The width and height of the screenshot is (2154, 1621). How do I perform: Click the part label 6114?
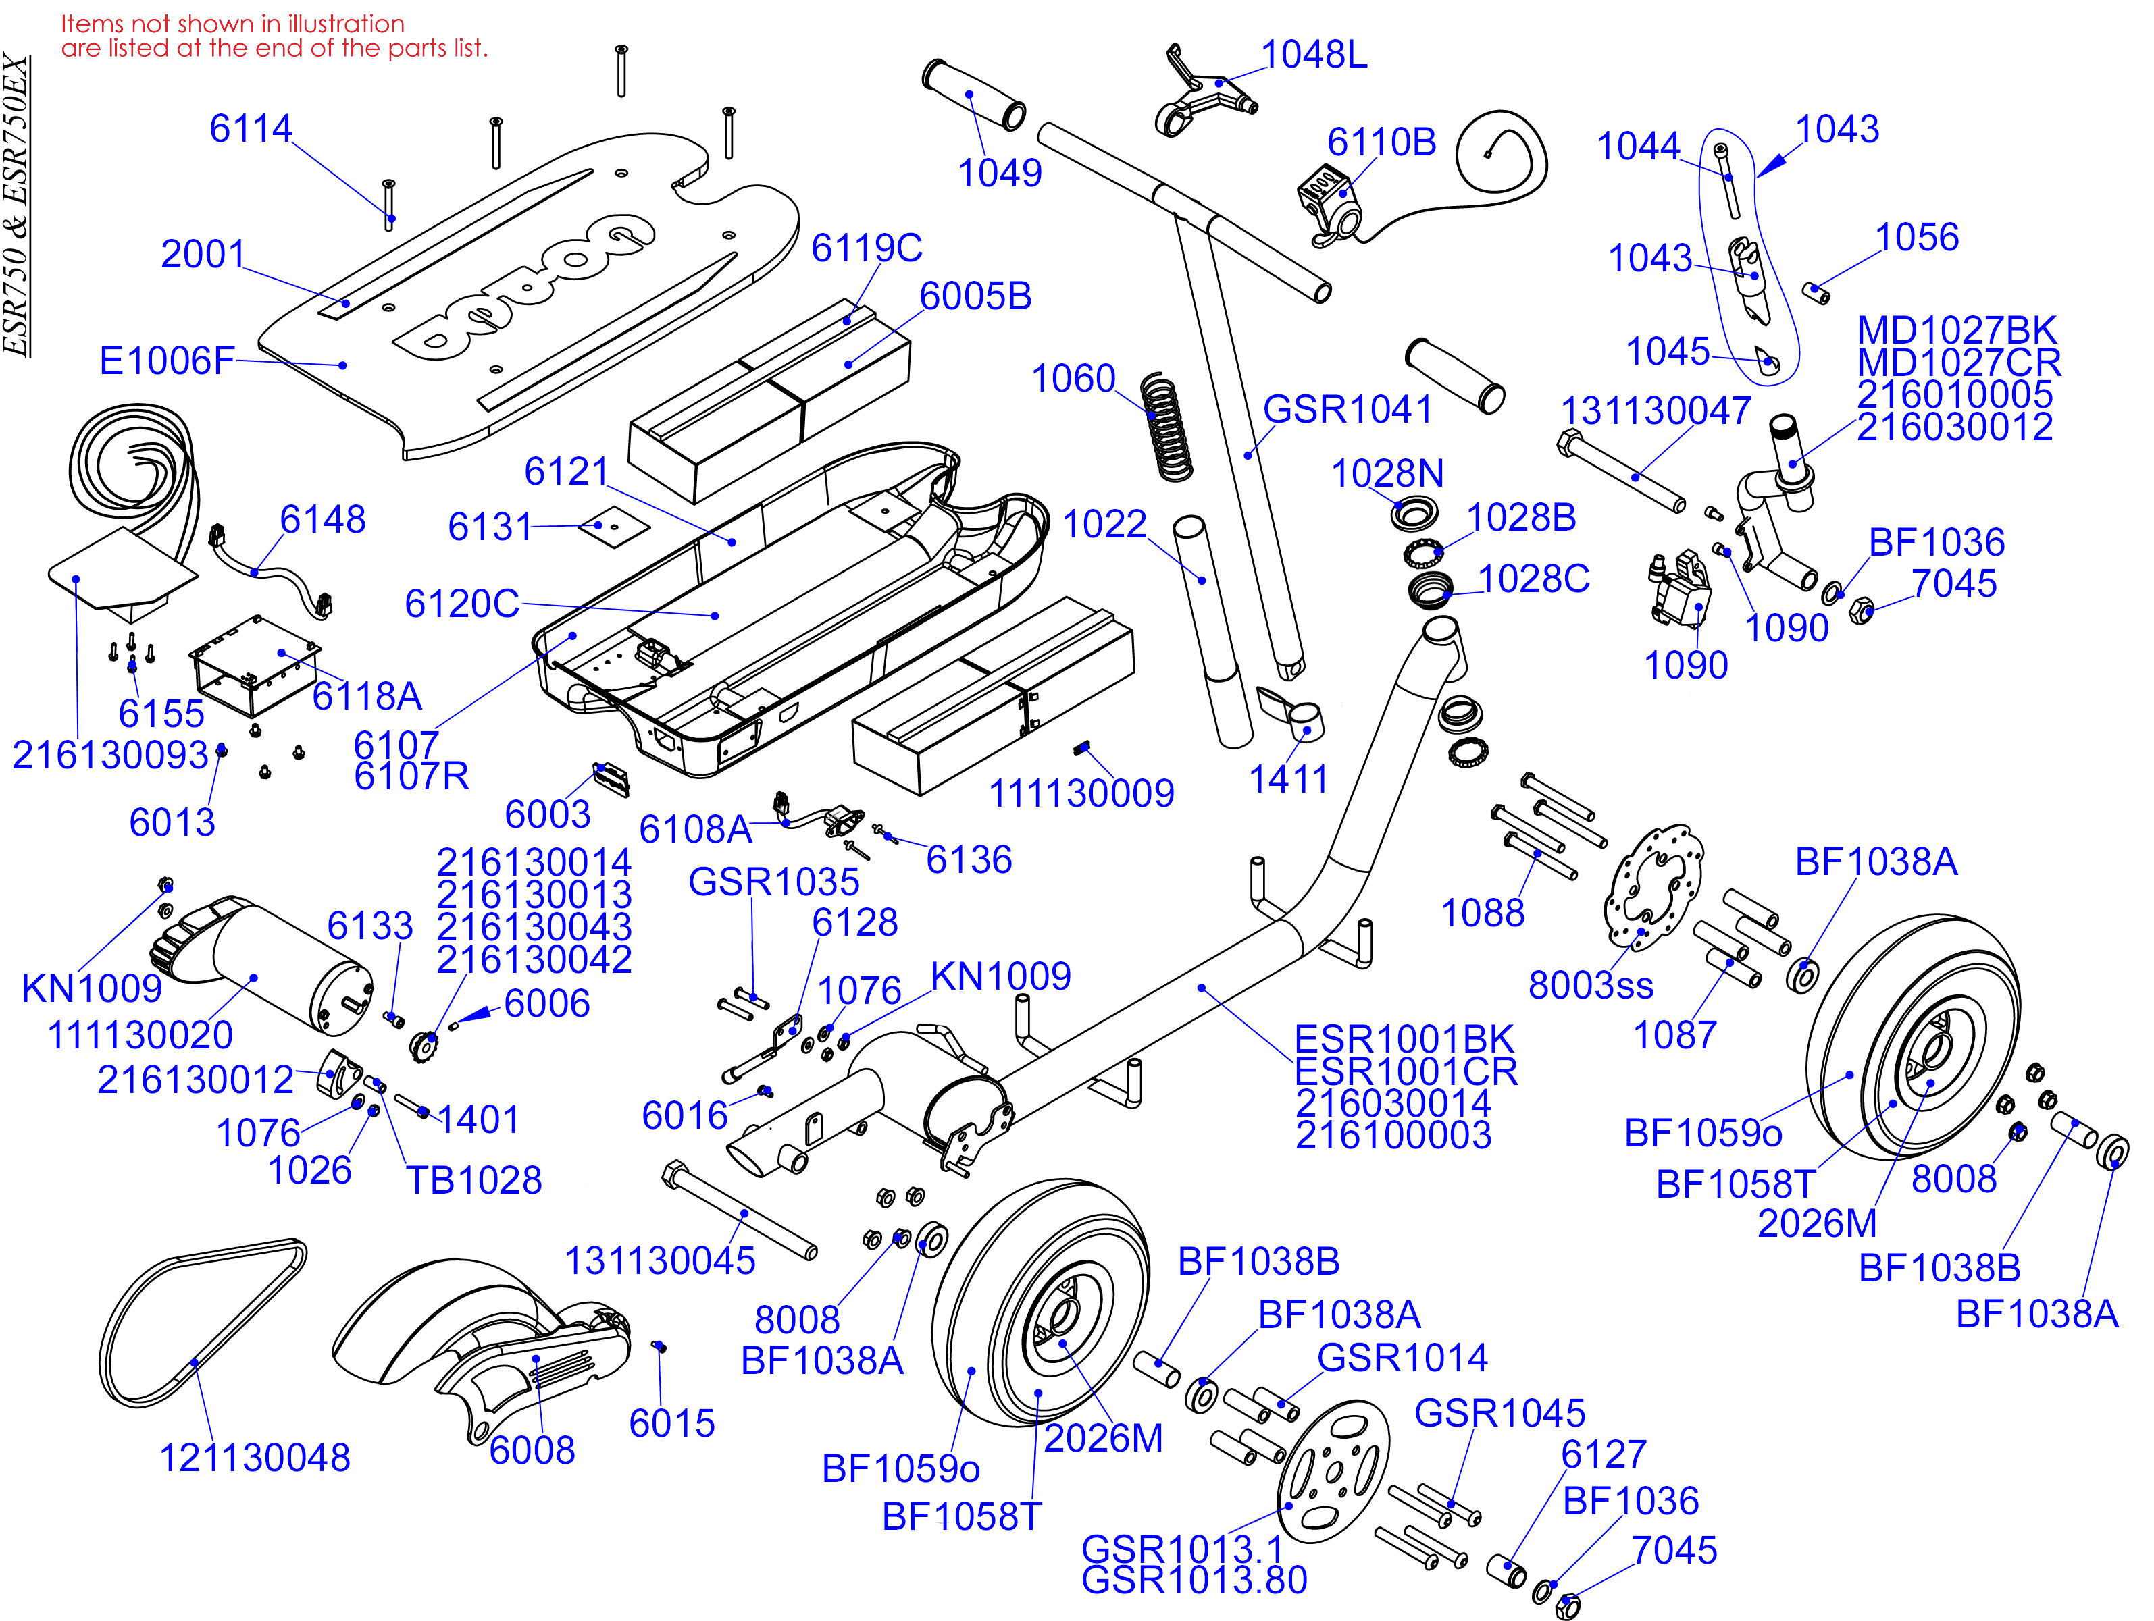[251, 128]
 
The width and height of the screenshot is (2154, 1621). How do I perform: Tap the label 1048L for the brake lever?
[1314, 55]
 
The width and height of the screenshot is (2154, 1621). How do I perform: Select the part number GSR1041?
[1347, 410]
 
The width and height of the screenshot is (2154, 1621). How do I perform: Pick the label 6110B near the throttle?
[1381, 142]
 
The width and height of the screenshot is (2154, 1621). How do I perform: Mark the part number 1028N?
[1387, 474]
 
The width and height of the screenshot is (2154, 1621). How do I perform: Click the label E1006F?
[167, 361]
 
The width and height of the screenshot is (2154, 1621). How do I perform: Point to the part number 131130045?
[659, 1260]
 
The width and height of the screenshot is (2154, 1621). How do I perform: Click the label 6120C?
[461, 604]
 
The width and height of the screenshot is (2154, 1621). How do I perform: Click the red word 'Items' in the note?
[93, 24]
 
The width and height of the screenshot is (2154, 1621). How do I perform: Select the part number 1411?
[1287, 779]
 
